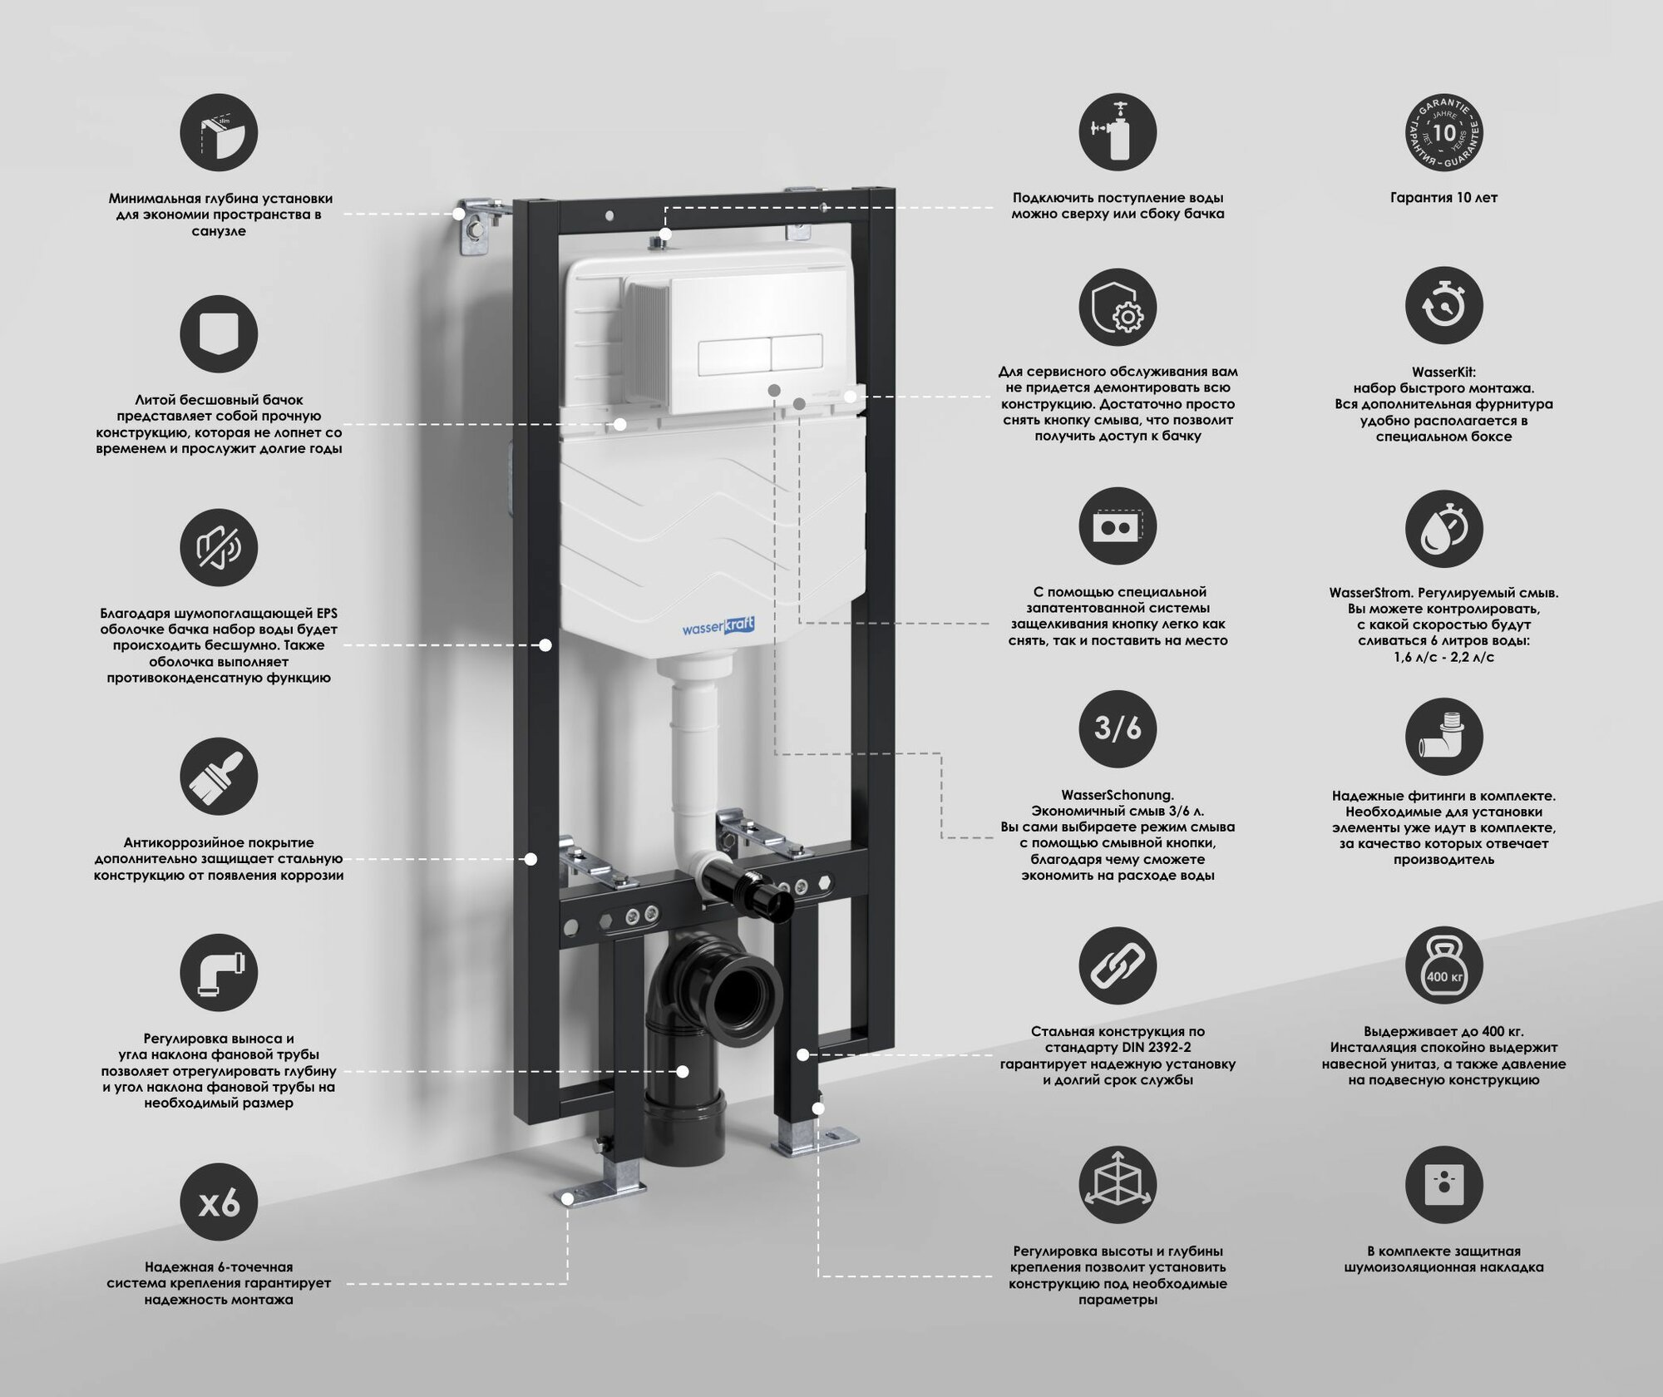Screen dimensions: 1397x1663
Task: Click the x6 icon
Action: click(x=219, y=1202)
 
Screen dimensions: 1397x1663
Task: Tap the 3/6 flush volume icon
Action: click(x=1118, y=728)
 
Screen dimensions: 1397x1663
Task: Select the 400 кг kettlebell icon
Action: click(x=1444, y=966)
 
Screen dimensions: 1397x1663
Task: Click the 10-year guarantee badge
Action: click(x=1444, y=132)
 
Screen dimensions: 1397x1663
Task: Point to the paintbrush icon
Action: click(x=219, y=777)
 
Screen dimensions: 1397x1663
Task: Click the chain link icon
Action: click(x=1118, y=966)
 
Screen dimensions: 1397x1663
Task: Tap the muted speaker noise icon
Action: click(x=219, y=548)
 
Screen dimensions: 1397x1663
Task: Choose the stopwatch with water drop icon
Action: click(x=1444, y=529)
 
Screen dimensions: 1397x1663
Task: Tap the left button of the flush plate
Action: click(x=733, y=354)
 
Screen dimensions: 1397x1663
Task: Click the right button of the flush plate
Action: click(x=797, y=354)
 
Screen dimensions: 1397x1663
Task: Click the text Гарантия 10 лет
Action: click(x=1443, y=198)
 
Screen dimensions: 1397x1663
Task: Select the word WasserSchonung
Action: click(x=1118, y=795)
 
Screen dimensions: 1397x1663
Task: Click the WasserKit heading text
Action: click(x=1443, y=372)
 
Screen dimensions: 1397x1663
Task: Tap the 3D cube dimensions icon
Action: click(x=1118, y=1185)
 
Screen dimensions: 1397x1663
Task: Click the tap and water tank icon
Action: click(x=1118, y=132)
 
